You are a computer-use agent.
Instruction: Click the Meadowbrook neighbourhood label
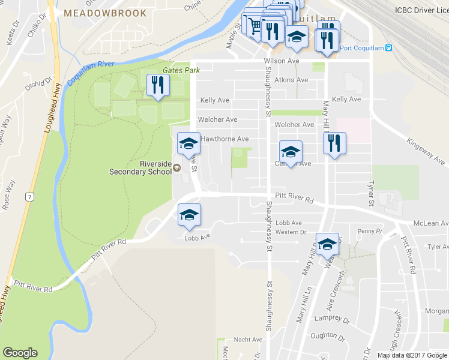[x=104, y=13]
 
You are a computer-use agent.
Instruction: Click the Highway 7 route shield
[x=28, y=196]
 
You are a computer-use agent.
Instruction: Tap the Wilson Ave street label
[x=281, y=61]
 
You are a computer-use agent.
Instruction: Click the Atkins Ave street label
[x=291, y=80]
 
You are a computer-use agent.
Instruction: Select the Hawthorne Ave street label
[x=224, y=139]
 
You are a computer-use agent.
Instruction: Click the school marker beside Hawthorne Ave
[x=188, y=143]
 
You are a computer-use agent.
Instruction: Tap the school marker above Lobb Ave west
[x=188, y=215]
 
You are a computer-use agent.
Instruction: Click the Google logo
[x=20, y=353]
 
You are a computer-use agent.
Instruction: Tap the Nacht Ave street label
[x=248, y=340]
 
